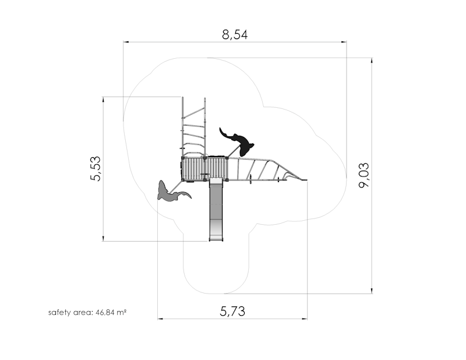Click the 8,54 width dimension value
click(235, 35)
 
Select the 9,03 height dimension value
click(363, 175)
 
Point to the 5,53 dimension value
click(96, 168)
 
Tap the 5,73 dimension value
click(232, 311)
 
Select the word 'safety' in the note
click(57, 313)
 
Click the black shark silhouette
click(238, 142)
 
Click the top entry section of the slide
click(216, 181)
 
